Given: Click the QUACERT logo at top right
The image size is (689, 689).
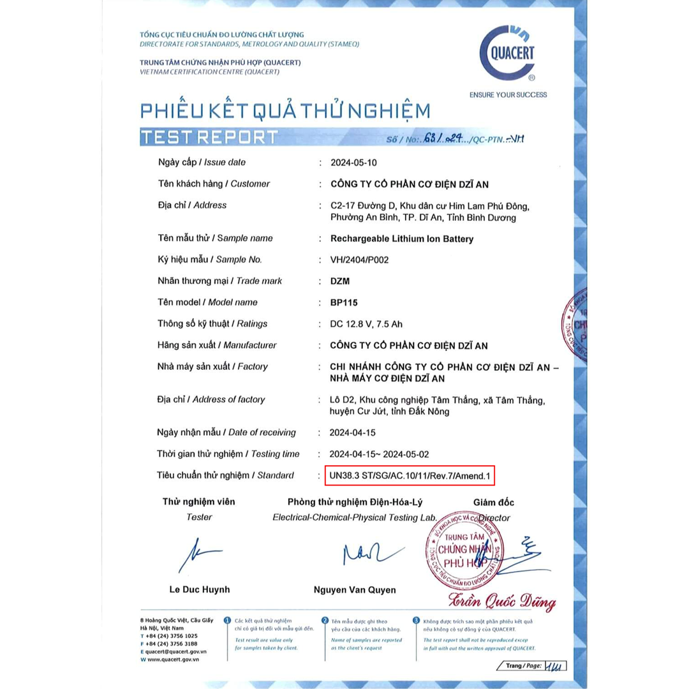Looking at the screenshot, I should [507, 53].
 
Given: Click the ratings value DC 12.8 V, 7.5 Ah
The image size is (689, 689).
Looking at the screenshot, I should [375, 323].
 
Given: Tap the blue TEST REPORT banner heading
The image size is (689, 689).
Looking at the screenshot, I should [209, 137].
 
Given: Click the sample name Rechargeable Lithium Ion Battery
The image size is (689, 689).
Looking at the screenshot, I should [402, 239].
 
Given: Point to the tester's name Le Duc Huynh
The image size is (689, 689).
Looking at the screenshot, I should [200, 589].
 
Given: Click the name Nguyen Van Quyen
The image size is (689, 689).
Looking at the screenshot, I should [355, 590].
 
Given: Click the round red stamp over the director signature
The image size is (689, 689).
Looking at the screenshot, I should [464, 549].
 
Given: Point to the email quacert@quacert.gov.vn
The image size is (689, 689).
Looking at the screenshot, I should [176, 652].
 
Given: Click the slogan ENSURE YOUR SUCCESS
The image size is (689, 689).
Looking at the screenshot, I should [508, 94].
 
